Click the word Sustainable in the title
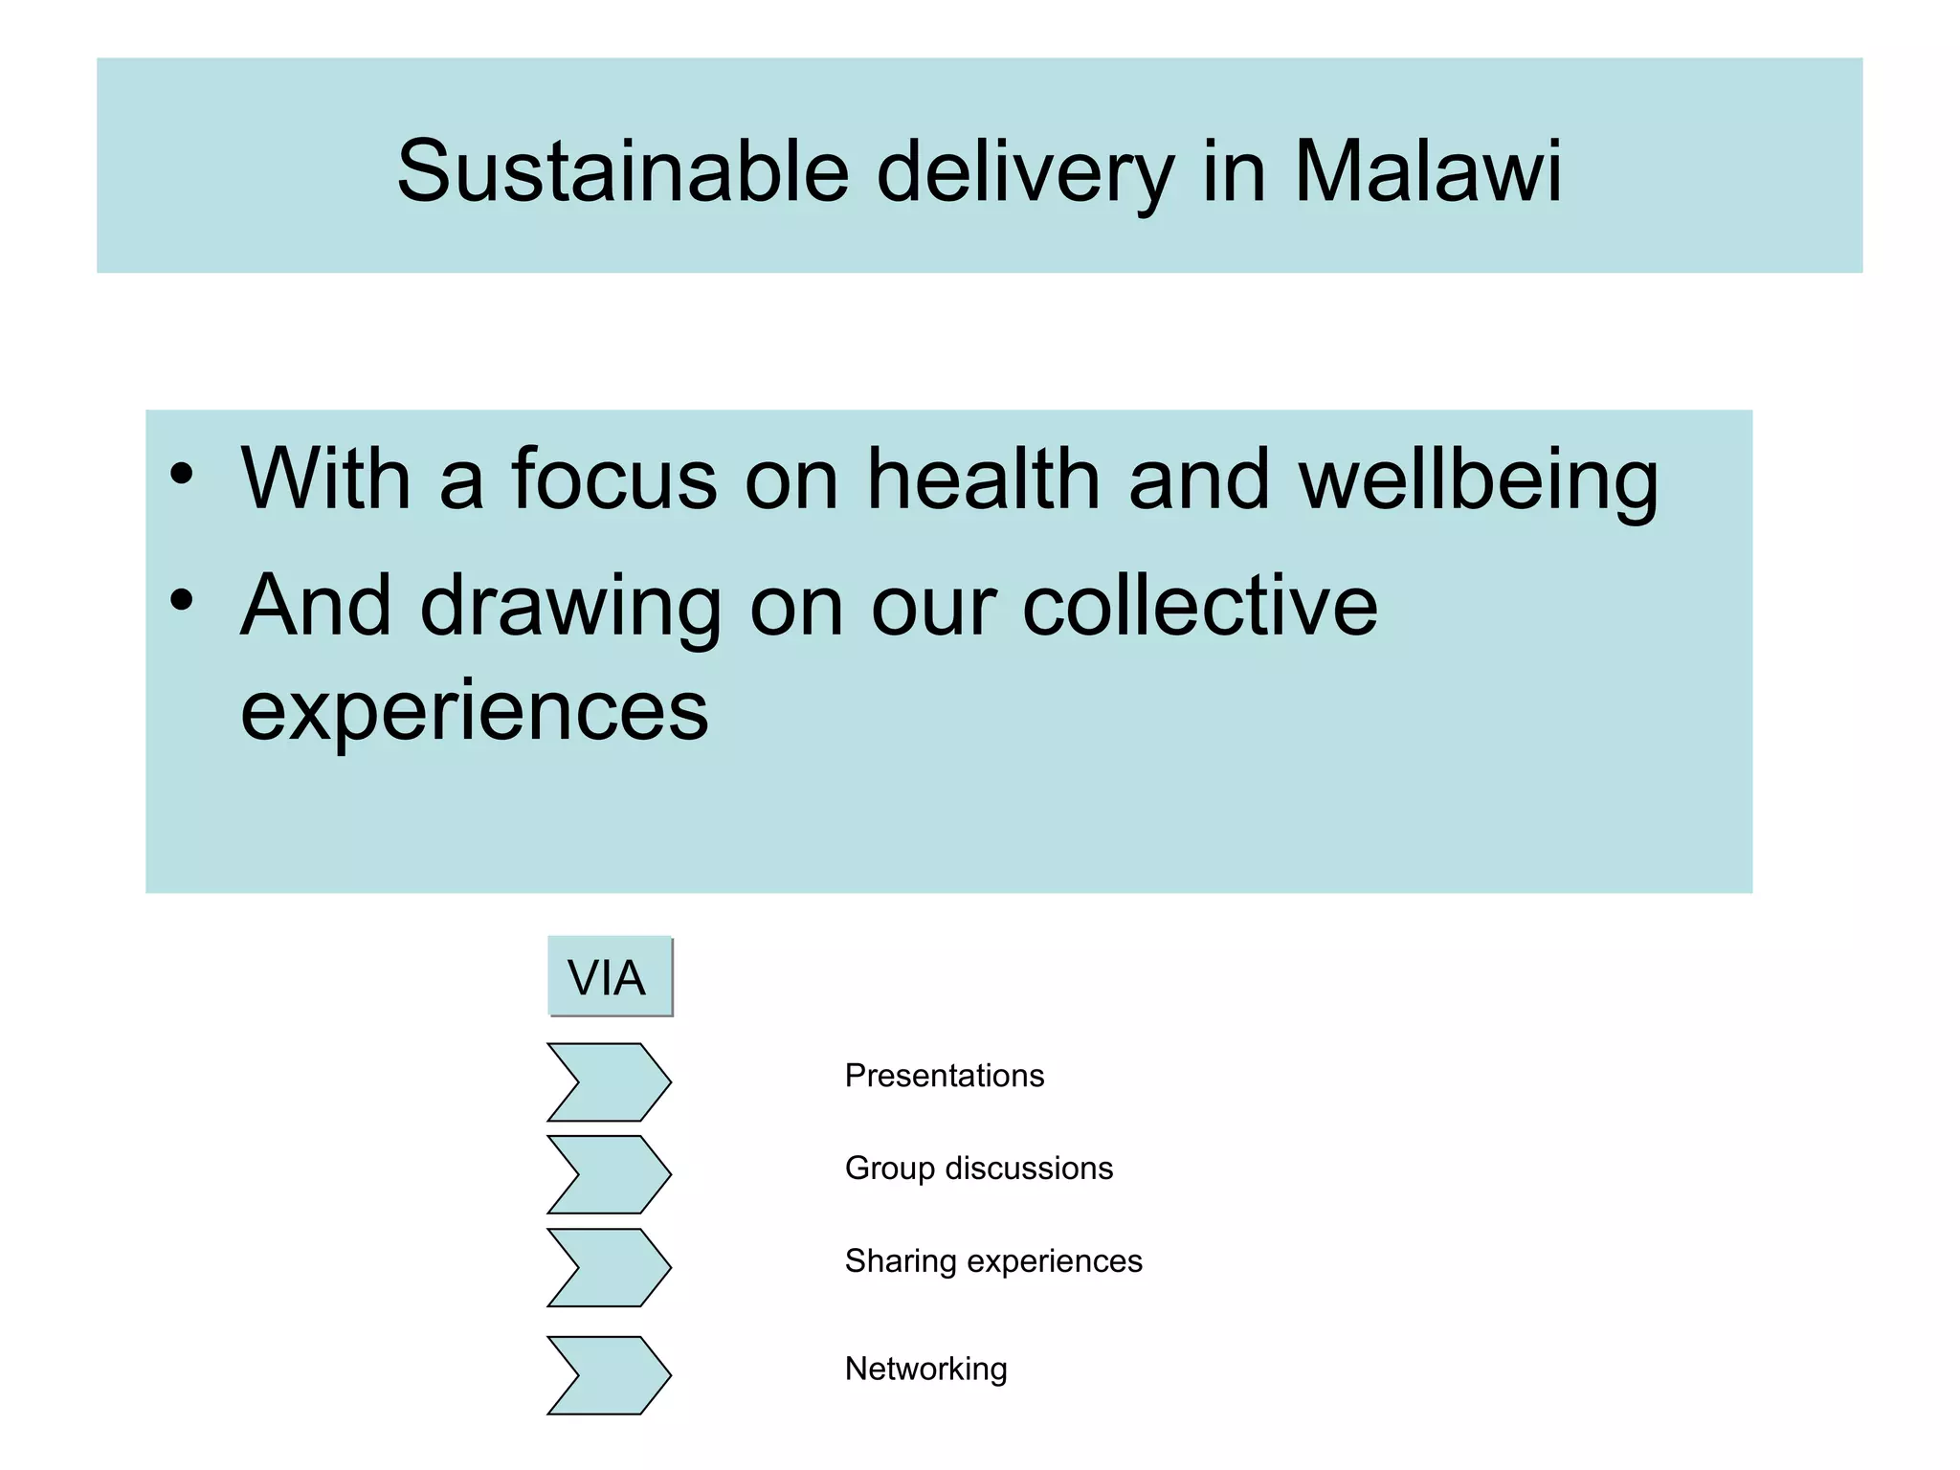[623, 172]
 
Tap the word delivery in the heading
[1024, 172]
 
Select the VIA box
[609, 977]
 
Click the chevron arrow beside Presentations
[609, 1082]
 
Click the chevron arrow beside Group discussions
[609, 1174]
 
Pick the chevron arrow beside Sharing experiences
[609, 1267]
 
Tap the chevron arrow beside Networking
[609, 1375]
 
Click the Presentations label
[944, 1076]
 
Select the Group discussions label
[978, 1169]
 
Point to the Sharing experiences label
[992, 1261]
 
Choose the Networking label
[925, 1369]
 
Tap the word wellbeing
[1478, 480]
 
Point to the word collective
[1199, 606]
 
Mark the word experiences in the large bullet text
[474, 712]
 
